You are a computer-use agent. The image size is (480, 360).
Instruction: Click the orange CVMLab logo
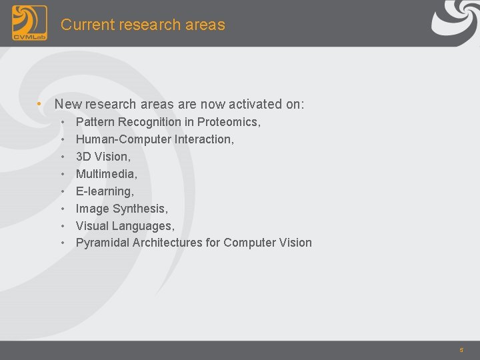click(x=29, y=23)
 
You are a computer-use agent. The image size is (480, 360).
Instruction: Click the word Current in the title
click(x=84, y=25)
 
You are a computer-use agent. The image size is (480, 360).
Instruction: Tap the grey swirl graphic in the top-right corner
click(x=454, y=20)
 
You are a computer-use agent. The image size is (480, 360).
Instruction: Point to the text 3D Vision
click(x=103, y=157)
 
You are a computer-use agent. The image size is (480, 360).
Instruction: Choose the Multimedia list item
click(x=106, y=174)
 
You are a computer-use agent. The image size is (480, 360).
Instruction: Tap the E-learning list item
click(x=105, y=191)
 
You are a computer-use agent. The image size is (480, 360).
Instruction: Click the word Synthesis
click(x=146, y=209)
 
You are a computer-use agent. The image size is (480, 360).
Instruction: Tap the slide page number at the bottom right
click(x=461, y=350)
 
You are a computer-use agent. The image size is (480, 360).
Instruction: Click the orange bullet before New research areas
click(x=40, y=104)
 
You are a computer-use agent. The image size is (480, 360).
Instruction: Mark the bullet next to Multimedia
click(x=62, y=174)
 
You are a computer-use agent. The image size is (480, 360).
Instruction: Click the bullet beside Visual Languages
click(x=62, y=226)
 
